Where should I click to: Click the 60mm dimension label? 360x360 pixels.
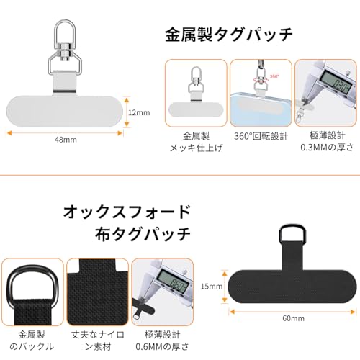[293, 318]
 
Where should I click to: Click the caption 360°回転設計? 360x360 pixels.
[260, 135]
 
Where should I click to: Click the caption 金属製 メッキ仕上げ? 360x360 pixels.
[195, 142]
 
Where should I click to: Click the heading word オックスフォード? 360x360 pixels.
[128, 212]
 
